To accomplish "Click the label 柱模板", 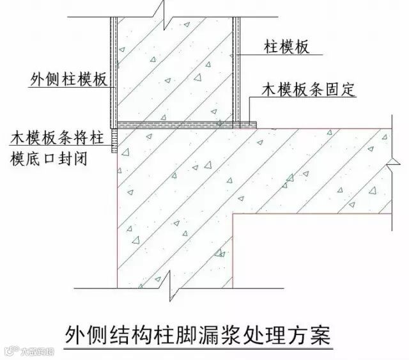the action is pos(285,47).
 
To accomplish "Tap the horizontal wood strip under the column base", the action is pos(183,124).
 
